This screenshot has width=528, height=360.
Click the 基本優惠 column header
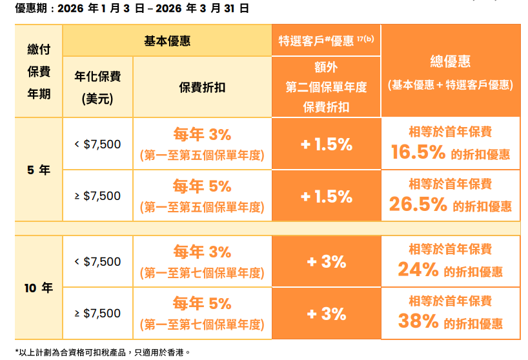pyautogui.click(x=167, y=41)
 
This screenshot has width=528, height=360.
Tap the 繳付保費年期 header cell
pyautogui.click(x=39, y=72)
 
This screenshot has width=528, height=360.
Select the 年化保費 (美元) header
pyautogui.click(x=97, y=87)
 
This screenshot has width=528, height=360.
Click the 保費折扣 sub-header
pyautogui.click(x=202, y=87)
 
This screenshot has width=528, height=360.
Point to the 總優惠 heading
pyautogui.click(x=450, y=61)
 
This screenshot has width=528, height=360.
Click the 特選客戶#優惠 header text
pyautogui.click(x=326, y=41)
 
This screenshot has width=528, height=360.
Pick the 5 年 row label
pyautogui.click(x=39, y=170)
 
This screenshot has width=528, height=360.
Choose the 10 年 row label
pyautogui.click(x=39, y=288)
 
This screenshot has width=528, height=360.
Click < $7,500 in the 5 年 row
pyautogui.click(x=97, y=144)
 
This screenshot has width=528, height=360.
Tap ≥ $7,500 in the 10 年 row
pyautogui.click(x=97, y=314)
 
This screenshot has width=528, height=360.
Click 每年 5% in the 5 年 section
pyautogui.click(x=202, y=186)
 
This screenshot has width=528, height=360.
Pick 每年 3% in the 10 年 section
pyautogui.click(x=202, y=252)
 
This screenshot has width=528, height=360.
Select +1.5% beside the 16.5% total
pyautogui.click(x=326, y=145)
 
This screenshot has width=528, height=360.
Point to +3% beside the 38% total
pyautogui.click(x=326, y=314)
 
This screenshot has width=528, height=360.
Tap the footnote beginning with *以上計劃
pyautogui.click(x=103, y=352)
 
